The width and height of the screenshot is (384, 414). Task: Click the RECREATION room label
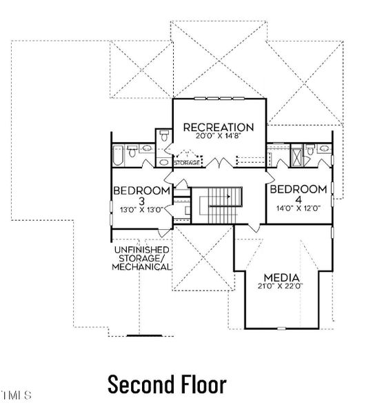[x=218, y=127]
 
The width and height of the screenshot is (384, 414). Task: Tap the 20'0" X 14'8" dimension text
[x=218, y=137]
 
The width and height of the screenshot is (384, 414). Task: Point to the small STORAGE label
[x=187, y=163]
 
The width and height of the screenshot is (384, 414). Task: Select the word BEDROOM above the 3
[x=141, y=190]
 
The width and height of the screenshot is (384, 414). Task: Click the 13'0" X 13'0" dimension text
[x=141, y=210]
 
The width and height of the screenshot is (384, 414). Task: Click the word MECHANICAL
[x=142, y=266]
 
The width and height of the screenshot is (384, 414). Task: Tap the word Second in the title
[x=136, y=384]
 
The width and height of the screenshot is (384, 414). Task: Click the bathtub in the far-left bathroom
[x=117, y=157]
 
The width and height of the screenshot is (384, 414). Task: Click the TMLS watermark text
[x=17, y=396]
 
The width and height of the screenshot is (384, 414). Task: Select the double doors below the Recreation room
[x=219, y=164]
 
